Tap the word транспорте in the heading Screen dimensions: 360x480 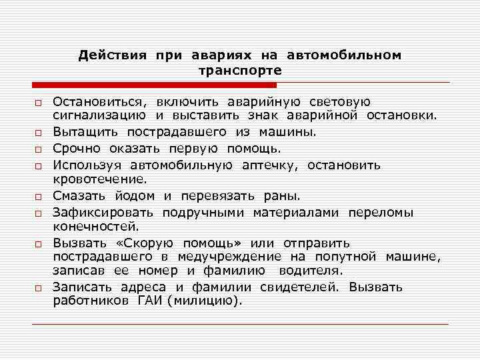pos(240,70)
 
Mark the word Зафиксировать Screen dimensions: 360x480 pos(103,213)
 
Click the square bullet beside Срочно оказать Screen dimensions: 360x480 pos(39,149)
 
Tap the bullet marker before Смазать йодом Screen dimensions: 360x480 pos(39,197)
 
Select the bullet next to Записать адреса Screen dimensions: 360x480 pos(39,289)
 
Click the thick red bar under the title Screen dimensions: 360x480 pos(154,86)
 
